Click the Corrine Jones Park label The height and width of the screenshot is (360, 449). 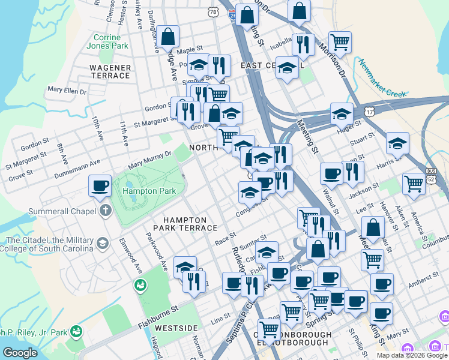click(x=107, y=41)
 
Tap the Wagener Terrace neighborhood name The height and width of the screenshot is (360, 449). click(x=110, y=71)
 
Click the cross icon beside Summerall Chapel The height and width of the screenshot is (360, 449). click(x=106, y=211)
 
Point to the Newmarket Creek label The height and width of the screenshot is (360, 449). click(x=381, y=77)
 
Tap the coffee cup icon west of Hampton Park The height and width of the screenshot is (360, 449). click(x=100, y=185)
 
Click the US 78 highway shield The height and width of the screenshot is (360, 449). click(x=214, y=11)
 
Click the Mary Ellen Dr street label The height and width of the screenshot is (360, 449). click(x=67, y=91)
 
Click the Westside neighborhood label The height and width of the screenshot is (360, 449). click(x=176, y=328)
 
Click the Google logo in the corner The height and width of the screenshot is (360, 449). click(x=20, y=353)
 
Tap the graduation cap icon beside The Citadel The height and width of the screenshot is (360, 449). click(x=102, y=243)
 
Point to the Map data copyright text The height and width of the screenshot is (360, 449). click(x=412, y=355)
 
